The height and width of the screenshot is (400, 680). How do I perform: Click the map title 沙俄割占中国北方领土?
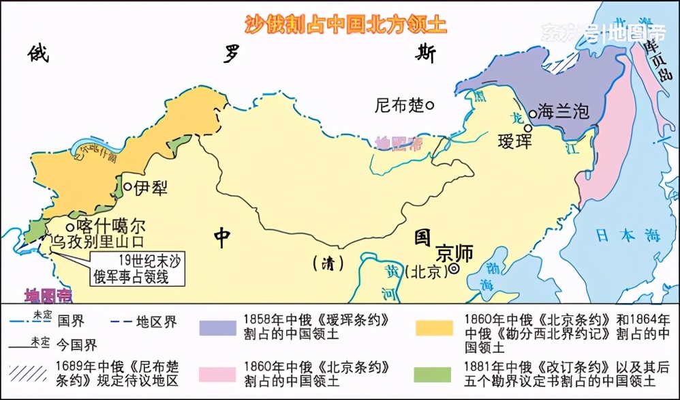click(x=346, y=24)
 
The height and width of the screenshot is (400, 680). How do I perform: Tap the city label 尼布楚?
click(x=399, y=106)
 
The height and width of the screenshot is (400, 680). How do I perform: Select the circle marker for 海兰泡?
click(x=532, y=113)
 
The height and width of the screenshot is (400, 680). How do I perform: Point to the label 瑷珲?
click(x=515, y=141)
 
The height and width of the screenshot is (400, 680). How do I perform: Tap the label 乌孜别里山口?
click(x=93, y=242)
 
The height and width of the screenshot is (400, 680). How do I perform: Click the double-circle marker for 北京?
click(x=454, y=270)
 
